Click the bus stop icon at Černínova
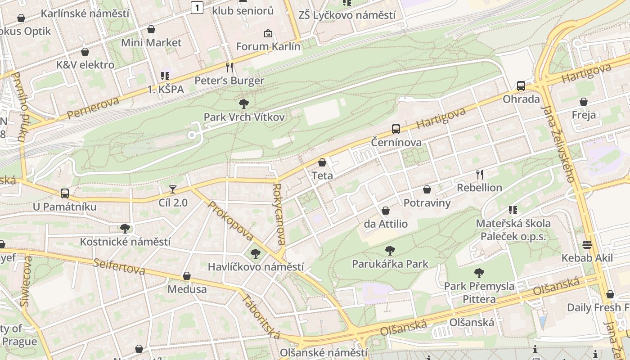click(x=396, y=130)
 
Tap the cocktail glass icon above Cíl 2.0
click(x=173, y=189)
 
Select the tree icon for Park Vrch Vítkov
click(x=244, y=104)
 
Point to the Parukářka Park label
click(x=390, y=264)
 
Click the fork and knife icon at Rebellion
click(x=480, y=175)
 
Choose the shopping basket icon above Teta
click(x=322, y=162)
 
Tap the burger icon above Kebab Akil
click(x=587, y=245)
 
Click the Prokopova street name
click(x=231, y=220)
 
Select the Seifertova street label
click(x=119, y=266)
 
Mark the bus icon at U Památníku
click(x=65, y=193)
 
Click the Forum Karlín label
click(x=268, y=46)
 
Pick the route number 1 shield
click(x=197, y=7)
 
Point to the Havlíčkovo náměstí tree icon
click(x=256, y=254)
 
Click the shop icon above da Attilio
click(x=386, y=211)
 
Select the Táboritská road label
click(x=261, y=316)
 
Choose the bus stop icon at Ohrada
click(x=521, y=85)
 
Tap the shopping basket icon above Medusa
click(x=187, y=276)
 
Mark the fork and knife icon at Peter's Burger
click(x=229, y=67)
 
